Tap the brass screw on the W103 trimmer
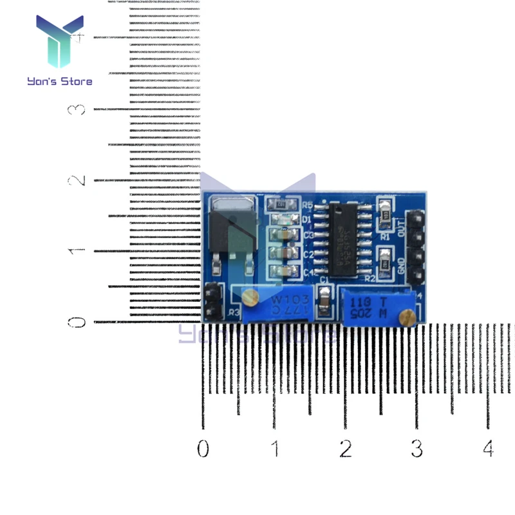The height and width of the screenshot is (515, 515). [x=250, y=296]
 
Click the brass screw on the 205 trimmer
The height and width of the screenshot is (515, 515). [x=406, y=316]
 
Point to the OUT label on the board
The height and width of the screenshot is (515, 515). [x=402, y=229]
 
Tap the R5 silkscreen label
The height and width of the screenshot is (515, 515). [x=307, y=205]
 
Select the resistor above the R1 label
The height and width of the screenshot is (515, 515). [x=385, y=212]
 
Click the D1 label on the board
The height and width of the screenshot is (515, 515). [x=307, y=220]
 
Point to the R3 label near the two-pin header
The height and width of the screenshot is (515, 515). [x=233, y=313]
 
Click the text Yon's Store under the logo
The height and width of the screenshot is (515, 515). [x=59, y=81]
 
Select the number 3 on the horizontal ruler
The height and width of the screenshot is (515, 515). [x=417, y=447]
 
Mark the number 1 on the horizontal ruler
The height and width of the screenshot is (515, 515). [x=276, y=447]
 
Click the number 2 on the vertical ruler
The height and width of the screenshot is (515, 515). [x=78, y=180]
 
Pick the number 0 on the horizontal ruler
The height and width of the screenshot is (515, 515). [x=203, y=447]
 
